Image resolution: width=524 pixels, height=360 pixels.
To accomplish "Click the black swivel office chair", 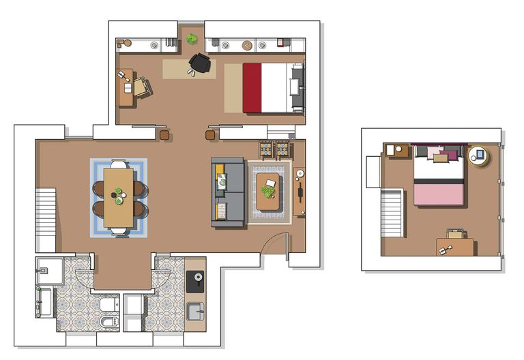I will [200, 63].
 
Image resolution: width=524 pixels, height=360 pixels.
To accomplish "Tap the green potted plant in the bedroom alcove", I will [192, 40].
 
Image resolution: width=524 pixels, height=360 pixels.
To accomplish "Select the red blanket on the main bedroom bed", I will [252, 88].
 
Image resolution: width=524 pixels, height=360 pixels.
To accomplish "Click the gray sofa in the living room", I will [228, 193].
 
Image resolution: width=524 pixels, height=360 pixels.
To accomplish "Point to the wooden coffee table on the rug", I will [268, 193].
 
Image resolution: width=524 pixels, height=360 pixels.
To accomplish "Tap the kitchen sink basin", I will [195, 311].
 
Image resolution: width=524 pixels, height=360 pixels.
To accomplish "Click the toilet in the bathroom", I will [108, 304].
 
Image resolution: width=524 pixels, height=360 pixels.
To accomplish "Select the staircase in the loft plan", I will [392, 213].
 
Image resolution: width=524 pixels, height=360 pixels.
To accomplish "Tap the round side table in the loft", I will [478, 156].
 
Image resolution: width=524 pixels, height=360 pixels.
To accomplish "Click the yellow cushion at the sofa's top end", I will [221, 180].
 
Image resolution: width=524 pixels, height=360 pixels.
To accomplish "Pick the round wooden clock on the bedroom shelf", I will [247, 46].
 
